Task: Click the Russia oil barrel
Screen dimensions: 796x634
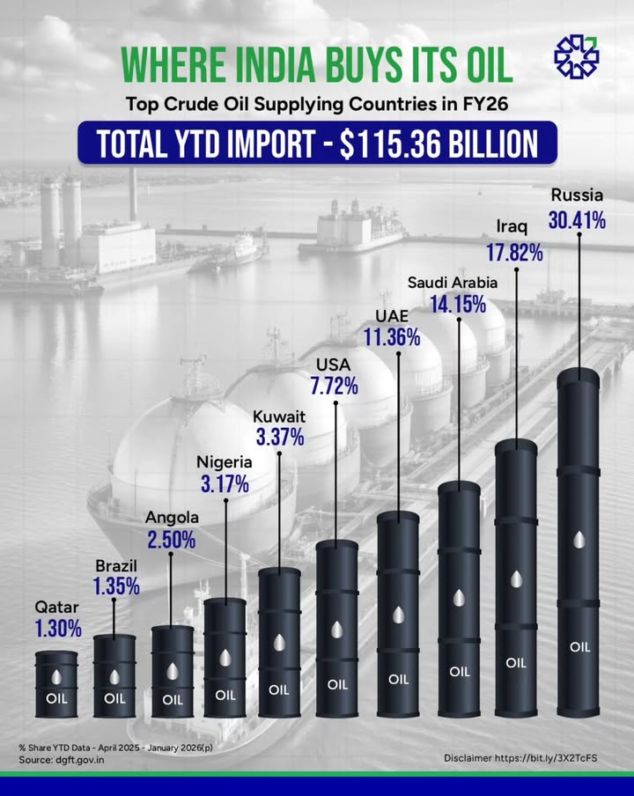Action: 579,546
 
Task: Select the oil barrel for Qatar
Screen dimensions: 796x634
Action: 57,682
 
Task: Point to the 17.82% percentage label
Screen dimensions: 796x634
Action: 514,254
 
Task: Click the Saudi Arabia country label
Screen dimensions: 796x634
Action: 453,283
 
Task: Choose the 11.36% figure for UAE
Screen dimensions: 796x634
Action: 391,336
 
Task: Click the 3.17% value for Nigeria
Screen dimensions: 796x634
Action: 224,483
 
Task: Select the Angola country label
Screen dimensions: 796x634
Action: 172,518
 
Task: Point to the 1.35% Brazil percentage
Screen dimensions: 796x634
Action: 116,586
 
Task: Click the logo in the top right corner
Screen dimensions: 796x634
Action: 576,55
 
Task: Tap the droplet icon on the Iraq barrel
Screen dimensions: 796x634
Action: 517,579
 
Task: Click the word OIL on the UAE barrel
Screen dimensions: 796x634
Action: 399,679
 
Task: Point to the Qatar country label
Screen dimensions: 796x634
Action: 57,607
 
